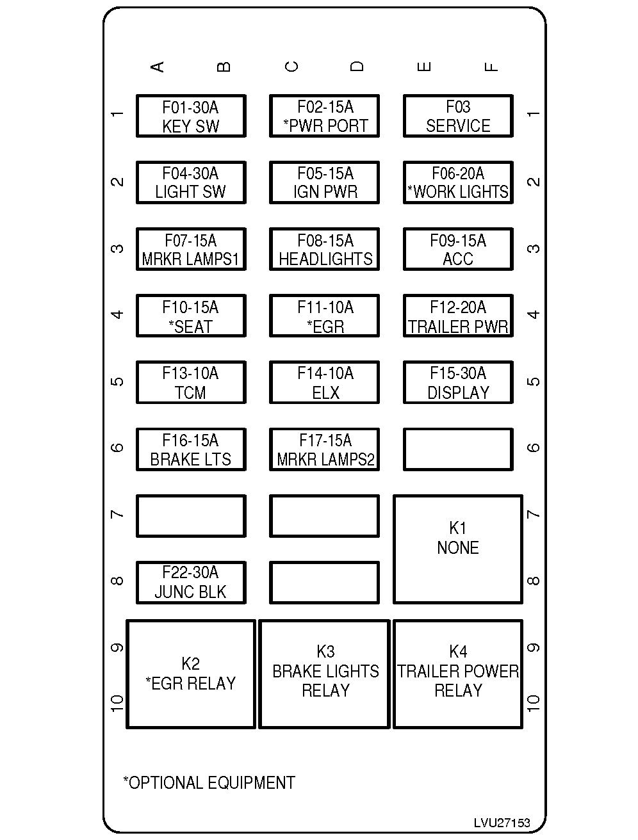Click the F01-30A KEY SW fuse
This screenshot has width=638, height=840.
[x=191, y=116]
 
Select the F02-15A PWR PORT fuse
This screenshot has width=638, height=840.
[x=324, y=116]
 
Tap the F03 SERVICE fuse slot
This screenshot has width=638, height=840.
[x=458, y=116]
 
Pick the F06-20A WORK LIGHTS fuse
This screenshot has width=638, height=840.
[x=458, y=182]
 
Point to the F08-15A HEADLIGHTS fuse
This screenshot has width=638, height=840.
[x=324, y=249]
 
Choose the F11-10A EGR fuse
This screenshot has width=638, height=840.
[x=324, y=316]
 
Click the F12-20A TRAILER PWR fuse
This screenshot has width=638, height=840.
[x=458, y=316]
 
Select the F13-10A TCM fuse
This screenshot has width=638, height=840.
[x=191, y=382]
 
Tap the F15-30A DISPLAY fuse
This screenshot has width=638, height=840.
[x=458, y=382]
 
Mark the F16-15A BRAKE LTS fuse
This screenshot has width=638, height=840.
[x=191, y=449]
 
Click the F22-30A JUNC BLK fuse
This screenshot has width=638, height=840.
[x=191, y=582]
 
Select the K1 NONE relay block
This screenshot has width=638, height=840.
[x=458, y=549]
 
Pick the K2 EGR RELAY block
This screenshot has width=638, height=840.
[x=191, y=674]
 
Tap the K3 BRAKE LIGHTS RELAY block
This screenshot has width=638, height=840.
[x=325, y=674]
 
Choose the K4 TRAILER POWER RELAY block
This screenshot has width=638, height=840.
[x=458, y=674]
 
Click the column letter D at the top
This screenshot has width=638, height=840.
[x=357, y=67]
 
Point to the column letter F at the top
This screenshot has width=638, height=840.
[x=491, y=67]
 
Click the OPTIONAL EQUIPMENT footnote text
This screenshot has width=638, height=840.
[x=209, y=782]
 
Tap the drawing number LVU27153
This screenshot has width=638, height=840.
[x=502, y=823]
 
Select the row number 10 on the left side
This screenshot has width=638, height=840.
[x=117, y=702]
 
